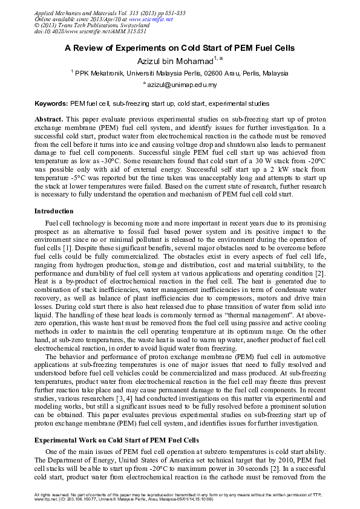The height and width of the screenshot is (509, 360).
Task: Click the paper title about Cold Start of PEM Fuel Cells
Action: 180,48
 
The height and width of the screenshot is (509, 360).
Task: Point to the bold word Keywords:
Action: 51,104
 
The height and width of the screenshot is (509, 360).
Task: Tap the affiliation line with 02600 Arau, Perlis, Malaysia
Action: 180,73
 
